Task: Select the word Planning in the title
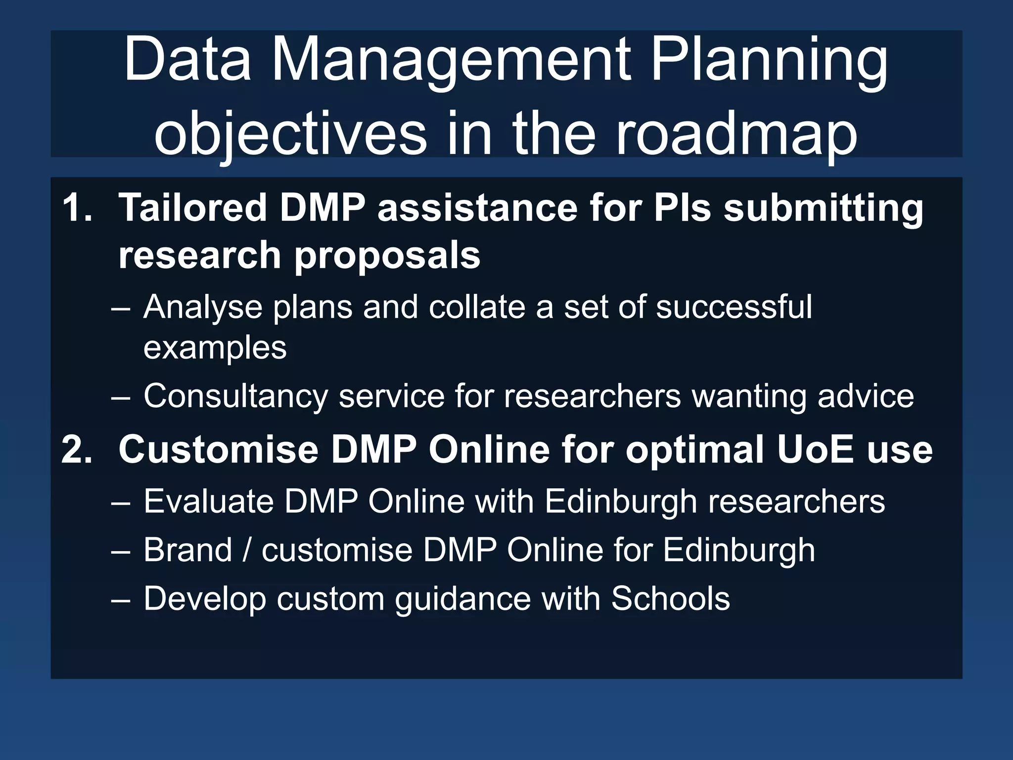point(769,62)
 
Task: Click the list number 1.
point(77,208)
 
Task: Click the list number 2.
point(77,449)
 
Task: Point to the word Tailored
point(193,208)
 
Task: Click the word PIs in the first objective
point(682,208)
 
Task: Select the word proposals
point(387,256)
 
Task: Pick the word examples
point(215,348)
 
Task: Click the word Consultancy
point(235,397)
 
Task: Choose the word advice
point(866,397)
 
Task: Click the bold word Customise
point(218,449)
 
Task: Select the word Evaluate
point(208,502)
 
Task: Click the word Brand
point(187,550)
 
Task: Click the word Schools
point(670,599)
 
